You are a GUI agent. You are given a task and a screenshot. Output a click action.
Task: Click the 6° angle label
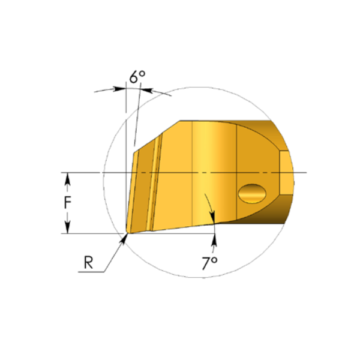pos(137,77)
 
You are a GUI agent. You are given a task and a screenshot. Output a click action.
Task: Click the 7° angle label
pos(209,263)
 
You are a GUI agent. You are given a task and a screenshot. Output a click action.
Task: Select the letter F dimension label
pos(67,203)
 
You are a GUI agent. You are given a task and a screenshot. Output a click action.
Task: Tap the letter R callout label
pos(89,262)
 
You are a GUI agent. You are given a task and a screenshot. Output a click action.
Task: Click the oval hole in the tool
pos(252,194)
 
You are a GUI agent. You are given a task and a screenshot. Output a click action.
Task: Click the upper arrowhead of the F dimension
pos(67,178)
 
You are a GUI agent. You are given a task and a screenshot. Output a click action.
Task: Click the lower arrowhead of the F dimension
pos(67,228)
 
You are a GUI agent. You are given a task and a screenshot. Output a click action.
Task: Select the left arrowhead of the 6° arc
pos(119,89)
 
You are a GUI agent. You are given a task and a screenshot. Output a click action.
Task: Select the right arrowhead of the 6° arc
pos(147,90)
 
